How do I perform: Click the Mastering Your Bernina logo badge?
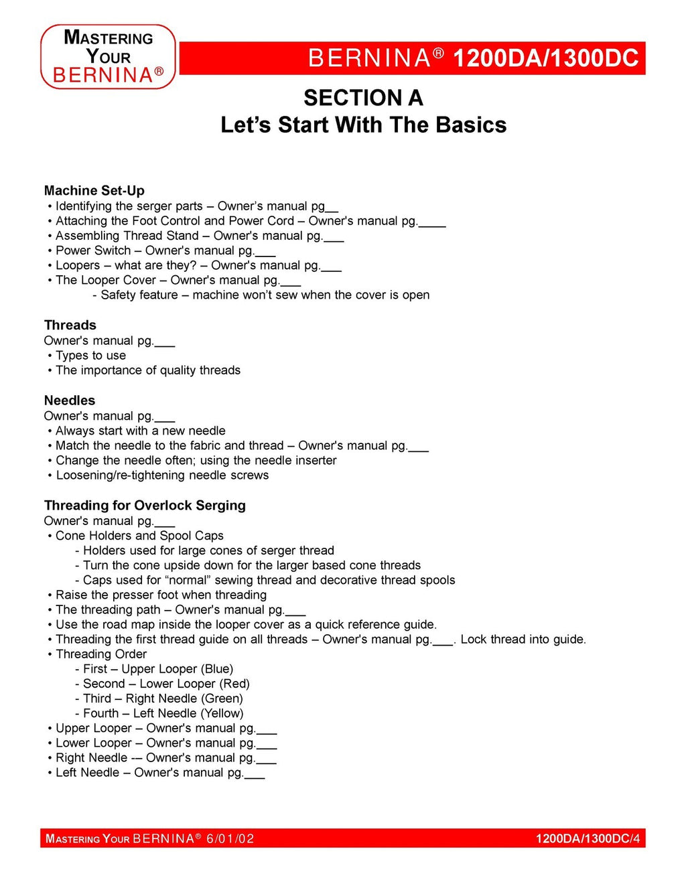[x=108, y=57]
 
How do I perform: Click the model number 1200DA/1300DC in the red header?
[x=545, y=58]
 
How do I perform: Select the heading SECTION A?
[x=363, y=98]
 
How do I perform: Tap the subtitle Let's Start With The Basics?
[x=363, y=125]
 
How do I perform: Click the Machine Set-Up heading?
[x=94, y=191]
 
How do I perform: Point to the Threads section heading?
[x=70, y=325]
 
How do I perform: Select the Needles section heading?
[x=69, y=400]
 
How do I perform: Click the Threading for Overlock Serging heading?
[x=145, y=506]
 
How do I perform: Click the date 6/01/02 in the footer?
[x=230, y=838]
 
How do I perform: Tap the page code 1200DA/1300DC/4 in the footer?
[x=588, y=838]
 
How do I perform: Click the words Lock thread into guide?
[x=523, y=640]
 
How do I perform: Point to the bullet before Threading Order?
[x=50, y=654]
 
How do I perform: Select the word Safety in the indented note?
[x=120, y=295]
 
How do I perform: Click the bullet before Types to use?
[x=50, y=356]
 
